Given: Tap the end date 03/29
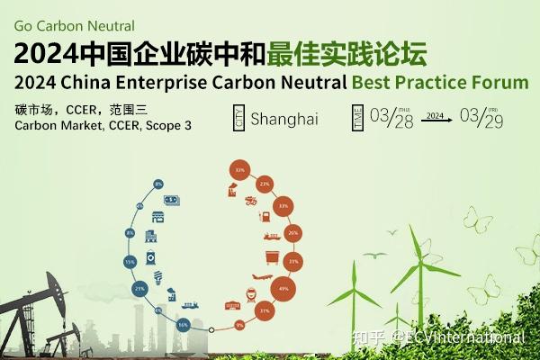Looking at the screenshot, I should [x=482, y=118].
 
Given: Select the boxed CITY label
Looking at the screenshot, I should [x=238, y=119].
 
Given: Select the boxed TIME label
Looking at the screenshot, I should [x=358, y=118].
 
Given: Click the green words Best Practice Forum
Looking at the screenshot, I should [x=439, y=82].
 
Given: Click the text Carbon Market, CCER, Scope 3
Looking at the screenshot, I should [x=103, y=125].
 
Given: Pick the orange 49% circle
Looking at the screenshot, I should [x=284, y=289].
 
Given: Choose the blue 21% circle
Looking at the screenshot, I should [x=139, y=289].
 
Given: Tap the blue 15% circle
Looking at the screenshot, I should [x=130, y=262].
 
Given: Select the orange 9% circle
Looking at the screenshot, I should [x=239, y=324].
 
